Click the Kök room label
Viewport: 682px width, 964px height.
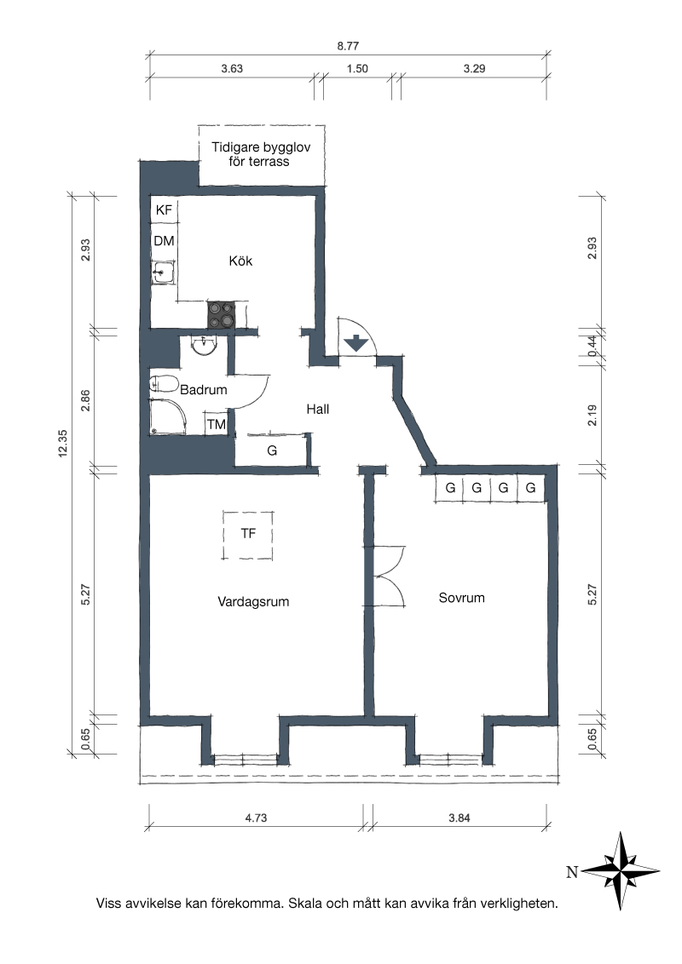point(240,261)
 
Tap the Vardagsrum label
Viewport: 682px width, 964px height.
point(253,601)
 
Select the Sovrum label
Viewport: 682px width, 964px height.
point(462,598)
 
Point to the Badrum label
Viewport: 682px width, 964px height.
point(203,389)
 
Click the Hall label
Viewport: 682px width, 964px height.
point(318,409)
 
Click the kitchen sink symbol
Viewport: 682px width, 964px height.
point(165,272)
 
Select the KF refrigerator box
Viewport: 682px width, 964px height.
point(164,210)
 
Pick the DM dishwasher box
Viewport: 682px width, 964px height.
point(164,241)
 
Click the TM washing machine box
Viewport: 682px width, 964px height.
point(216,424)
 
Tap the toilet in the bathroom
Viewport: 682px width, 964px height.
point(164,385)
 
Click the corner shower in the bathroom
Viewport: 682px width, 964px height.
point(167,417)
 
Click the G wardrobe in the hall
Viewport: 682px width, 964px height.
point(271,450)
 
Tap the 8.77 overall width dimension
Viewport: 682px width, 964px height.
point(348,46)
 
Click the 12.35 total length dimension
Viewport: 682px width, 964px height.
point(62,443)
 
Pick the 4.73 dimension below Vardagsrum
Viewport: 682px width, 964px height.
point(256,818)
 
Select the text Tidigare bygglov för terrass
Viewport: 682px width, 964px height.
point(261,154)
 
